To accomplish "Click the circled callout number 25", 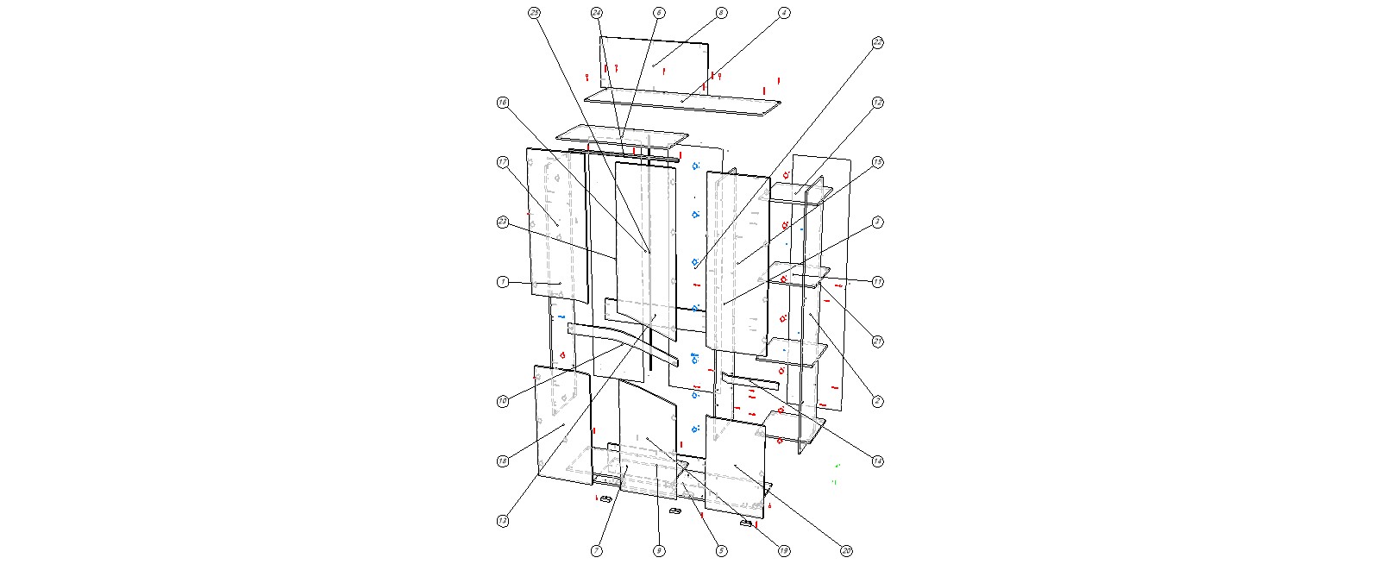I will click(x=534, y=13).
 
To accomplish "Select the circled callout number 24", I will click(x=597, y=13).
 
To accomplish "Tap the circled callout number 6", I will click(x=659, y=13).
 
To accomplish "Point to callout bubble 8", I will click(x=721, y=13).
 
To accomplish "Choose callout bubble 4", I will click(x=783, y=13).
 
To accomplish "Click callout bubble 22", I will click(x=877, y=42).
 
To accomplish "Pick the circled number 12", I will click(x=877, y=103).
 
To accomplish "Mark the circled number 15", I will click(x=877, y=162).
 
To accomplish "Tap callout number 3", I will click(x=877, y=222).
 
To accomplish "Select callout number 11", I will click(x=877, y=282).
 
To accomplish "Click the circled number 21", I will click(x=877, y=342).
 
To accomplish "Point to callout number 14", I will click(x=877, y=461).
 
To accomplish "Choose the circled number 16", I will click(x=503, y=103).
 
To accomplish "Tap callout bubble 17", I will click(x=503, y=162).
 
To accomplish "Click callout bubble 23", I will click(x=503, y=222).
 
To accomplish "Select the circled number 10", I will click(x=503, y=401).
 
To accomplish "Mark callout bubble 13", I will click(x=503, y=521).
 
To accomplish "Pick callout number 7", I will click(x=597, y=550).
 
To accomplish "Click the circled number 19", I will click(x=783, y=550).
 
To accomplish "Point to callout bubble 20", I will click(x=846, y=550).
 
